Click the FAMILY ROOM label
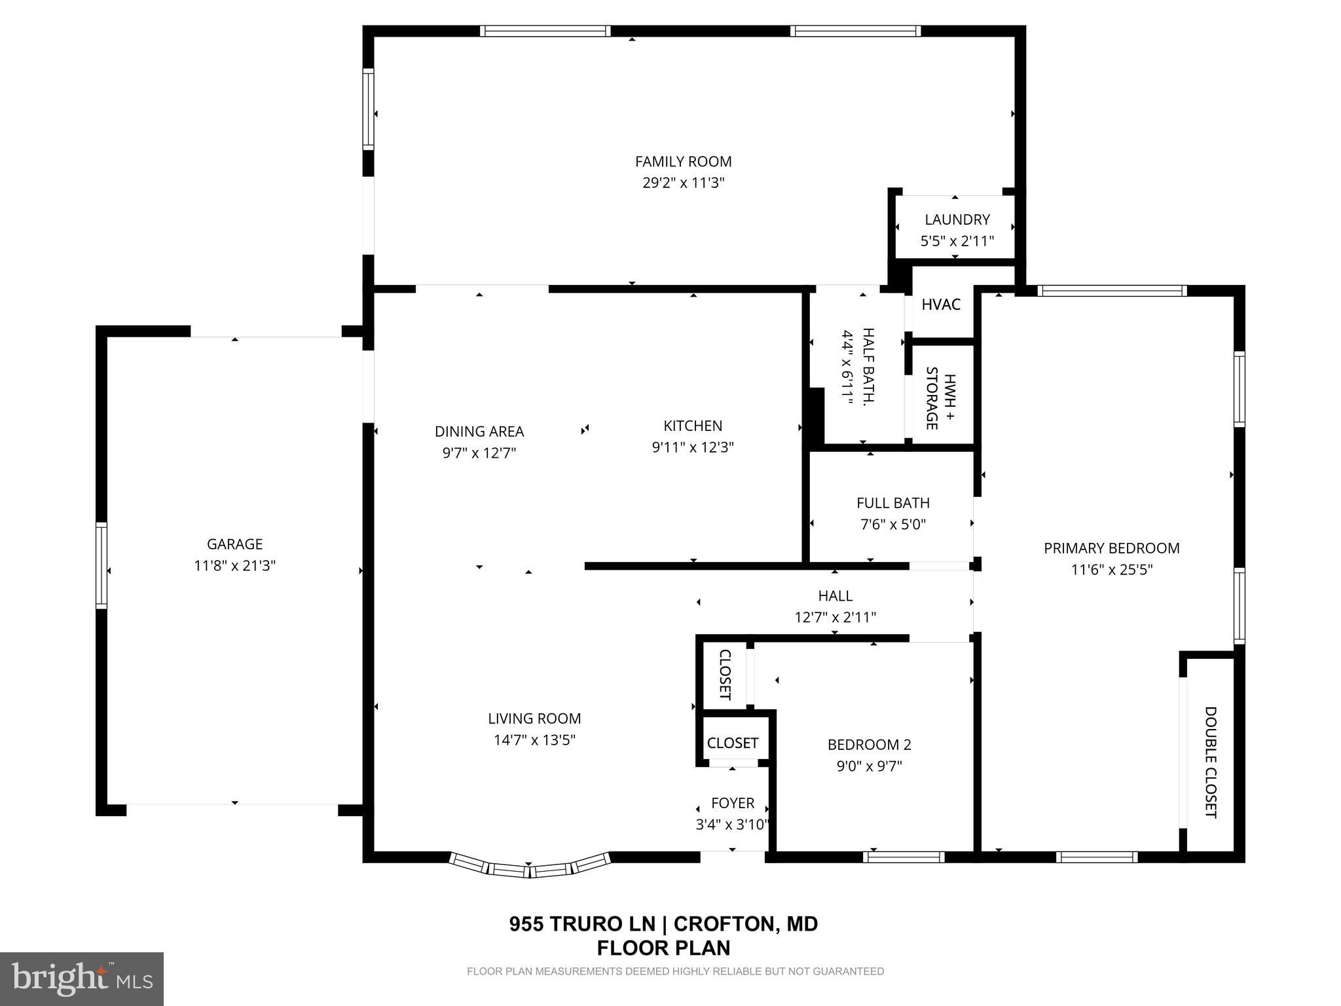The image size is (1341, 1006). point(683,161)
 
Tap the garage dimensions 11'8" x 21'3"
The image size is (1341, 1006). point(234,565)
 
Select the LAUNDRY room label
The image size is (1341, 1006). point(957,219)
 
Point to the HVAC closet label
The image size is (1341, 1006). point(940,305)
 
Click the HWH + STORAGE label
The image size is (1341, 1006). point(940,398)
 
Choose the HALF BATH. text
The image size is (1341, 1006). point(868,367)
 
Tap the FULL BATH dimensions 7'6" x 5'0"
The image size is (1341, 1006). point(892,525)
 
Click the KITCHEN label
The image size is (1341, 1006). point(693,426)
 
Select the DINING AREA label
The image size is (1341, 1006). point(479,432)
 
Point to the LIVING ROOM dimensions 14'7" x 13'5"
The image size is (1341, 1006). point(534,740)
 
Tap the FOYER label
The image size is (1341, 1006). point(733,803)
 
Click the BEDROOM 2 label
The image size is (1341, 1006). point(869,745)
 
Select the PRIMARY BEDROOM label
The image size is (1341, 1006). point(1111,548)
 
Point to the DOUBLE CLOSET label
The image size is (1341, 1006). point(1210,762)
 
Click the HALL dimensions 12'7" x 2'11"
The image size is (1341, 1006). point(835,617)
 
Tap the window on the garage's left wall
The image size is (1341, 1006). point(101,565)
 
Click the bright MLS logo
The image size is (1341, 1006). point(82,978)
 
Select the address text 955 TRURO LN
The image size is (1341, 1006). point(582,924)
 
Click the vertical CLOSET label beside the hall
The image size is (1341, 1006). point(725,675)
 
